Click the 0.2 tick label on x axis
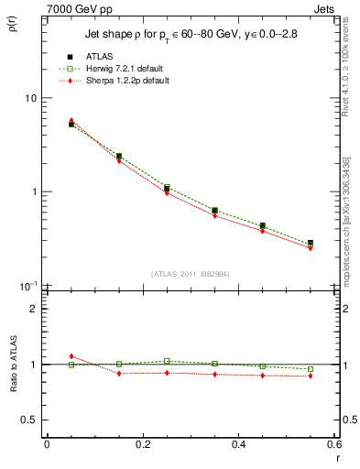(143, 443)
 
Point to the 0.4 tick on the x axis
(238, 443)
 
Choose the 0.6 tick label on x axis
(333, 443)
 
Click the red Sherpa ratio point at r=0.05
(71, 356)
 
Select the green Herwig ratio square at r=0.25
(167, 361)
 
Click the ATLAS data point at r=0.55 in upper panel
(311, 244)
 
